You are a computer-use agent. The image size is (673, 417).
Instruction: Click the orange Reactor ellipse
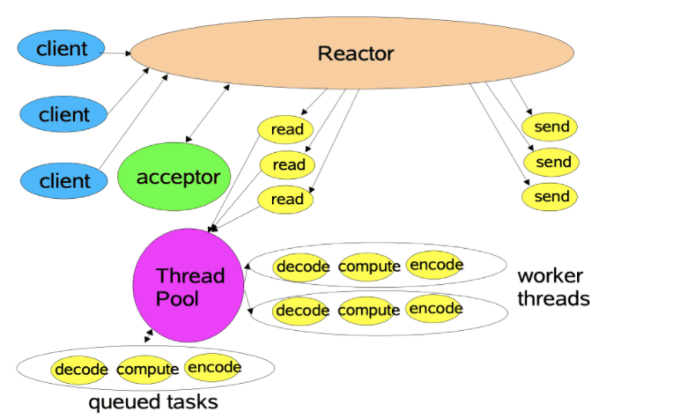pyautogui.click(x=352, y=53)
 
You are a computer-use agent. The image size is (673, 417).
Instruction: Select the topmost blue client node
pyautogui.click(x=61, y=48)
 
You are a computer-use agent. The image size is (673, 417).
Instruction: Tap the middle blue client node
pyautogui.click(x=63, y=114)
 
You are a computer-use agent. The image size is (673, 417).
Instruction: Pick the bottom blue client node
pyautogui.click(x=64, y=181)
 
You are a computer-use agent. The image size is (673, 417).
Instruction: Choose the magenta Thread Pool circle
pyautogui.click(x=188, y=286)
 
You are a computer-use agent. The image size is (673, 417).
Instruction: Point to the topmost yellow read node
pyautogui.click(x=286, y=129)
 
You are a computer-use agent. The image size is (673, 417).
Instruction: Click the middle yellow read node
pyautogui.click(x=287, y=165)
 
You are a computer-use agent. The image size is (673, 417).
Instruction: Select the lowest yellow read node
pyautogui.click(x=286, y=200)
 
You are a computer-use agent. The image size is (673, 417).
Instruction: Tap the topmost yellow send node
pyautogui.click(x=550, y=127)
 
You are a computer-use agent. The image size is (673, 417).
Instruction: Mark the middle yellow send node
pyautogui.click(x=552, y=162)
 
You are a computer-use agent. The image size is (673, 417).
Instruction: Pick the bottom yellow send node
pyautogui.click(x=550, y=197)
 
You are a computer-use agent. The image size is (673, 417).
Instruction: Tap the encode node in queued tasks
pyautogui.click(x=214, y=367)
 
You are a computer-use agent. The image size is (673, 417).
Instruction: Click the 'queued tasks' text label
pyautogui.click(x=153, y=402)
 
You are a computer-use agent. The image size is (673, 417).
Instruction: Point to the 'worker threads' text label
pyautogui.click(x=553, y=287)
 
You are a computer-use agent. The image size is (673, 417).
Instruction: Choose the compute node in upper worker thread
pyautogui.click(x=369, y=267)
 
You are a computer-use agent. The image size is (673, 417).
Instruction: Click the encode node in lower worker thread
pyautogui.click(x=435, y=309)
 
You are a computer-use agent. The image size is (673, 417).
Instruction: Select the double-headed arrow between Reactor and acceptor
pyautogui.click(x=208, y=113)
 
